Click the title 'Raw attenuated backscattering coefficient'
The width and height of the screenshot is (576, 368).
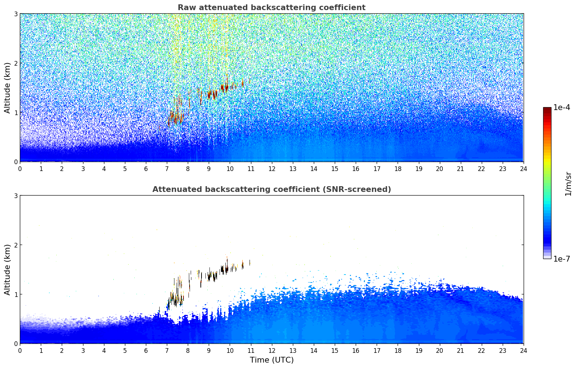pos(272,8)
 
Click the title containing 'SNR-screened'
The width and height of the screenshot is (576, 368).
pos(272,189)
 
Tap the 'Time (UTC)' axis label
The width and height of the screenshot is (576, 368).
pos(272,360)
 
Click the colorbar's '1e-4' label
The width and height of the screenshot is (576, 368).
pos(562,108)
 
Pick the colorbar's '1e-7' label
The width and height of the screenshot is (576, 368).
pos(562,259)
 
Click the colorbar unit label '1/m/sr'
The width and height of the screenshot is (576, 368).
pos(568,184)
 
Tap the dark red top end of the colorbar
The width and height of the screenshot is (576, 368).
pos(547,109)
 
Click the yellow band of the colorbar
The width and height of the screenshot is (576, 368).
pos(547,161)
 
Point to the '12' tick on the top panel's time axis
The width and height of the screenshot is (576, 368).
pos(272,169)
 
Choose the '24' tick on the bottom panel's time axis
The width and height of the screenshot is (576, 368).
pos(524,351)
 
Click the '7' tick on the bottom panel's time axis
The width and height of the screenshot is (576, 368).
pos(167,351)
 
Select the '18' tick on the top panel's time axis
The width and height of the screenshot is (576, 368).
pos(398,169)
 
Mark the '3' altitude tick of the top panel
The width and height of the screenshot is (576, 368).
pos(16,14)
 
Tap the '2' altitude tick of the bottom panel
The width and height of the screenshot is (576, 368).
pos(16,245)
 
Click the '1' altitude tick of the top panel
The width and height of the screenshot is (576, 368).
pos(16,113)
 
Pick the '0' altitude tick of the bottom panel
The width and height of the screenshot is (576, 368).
pos(16,343)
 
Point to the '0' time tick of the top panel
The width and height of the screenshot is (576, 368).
pos(20,169)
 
